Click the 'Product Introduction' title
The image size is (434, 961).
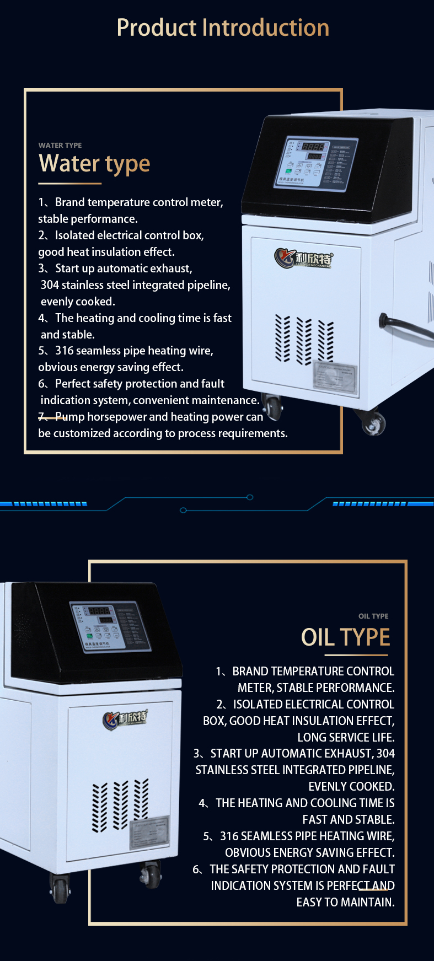point(223,28)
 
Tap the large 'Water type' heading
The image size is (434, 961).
point(94,164)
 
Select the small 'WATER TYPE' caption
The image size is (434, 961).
point(60,146)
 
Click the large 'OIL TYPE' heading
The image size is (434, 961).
point(345,637)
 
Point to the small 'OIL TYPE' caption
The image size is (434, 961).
point(373,616)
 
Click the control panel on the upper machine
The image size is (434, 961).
point(317,164)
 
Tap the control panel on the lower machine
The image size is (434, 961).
point(110,626)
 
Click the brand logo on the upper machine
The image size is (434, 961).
point(304,258)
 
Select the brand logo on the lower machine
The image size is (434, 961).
point(125,718)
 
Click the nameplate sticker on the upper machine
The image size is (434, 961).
point(335,378)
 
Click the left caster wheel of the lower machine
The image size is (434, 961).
point(60,888)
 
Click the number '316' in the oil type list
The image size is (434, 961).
point(229,836)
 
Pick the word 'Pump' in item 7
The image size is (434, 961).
point(70,417)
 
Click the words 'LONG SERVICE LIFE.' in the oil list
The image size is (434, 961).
point(346,737)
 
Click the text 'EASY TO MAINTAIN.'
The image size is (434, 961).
point(345,902)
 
